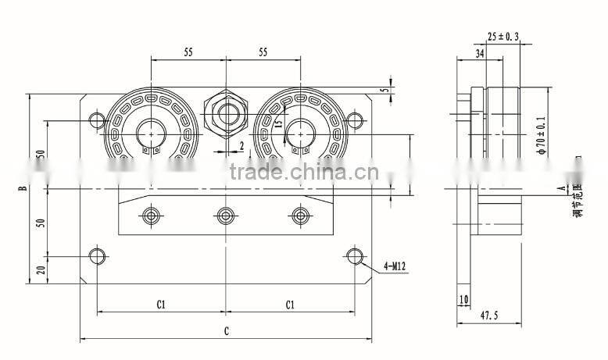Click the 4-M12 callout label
[394, 266]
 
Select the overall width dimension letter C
[226, 331]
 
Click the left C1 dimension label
[161, 304]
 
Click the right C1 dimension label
[290, 304]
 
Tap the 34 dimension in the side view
[479, 53]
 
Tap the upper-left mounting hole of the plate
[97, 120]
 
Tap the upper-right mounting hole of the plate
[355, 120]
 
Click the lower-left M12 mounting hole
[97, 255]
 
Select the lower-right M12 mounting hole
[355, 255]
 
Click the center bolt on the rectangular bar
[226, 214]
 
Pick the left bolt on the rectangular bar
[151, 214]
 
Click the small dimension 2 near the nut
[241, 145]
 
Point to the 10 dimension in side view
[464, 298]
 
